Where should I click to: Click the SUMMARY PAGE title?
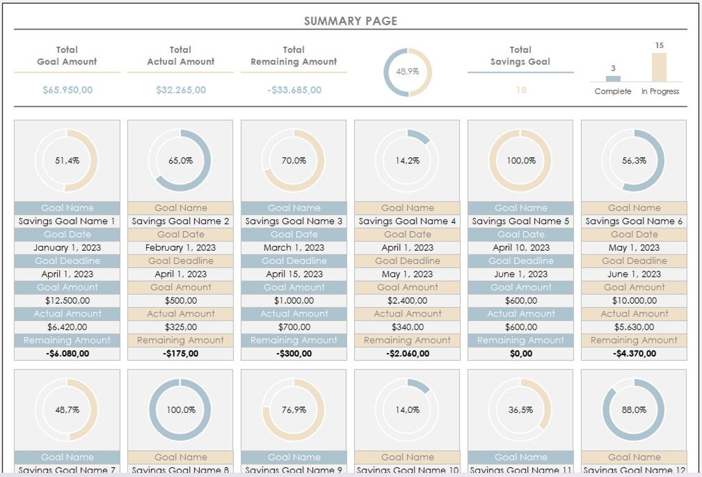pyautogui.click(x=350, y=21)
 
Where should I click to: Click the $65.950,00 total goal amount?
pyautogui.click(x=67, y=90)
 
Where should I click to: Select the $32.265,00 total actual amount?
pyautogui.click(x=180, y=90)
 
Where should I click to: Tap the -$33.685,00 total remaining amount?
pyautogui.click(x=294, y=90)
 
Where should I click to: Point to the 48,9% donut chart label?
pyautogui.click(x=407, y=71)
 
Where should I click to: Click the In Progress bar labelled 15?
pyautogui.click(x=659, y=67)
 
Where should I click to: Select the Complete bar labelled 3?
pyautogui.click(x=613, y=78)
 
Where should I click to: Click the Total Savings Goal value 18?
pyautogui.click(x=520, y=90)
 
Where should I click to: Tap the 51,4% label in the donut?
pyautogui.click(x=67, y=161)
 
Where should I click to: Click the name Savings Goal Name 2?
pyautogui.click(x=180, y=221)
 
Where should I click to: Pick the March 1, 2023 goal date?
pyautogui.click(x=294, y=248)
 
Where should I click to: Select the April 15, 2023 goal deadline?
pyautogui.click(x=294, y=274)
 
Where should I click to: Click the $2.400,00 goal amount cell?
pyautogui.click(x=407, y=301)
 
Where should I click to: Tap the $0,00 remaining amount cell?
pyautogui.click(x=520, y=354)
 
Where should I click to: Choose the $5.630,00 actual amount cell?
pyautogui.click(x=634, y=327)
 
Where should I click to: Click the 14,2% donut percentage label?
pyautogui.click(x=407, y=161)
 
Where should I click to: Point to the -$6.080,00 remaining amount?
pyautogui.click(x=67, y=354)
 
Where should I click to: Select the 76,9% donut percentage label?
pyautogui.click(x=294, y=410)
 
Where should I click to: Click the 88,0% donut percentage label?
pyautogui.click(x=634, y=410)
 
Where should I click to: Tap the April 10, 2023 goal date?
pyautogui.click(x=520, y=248)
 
